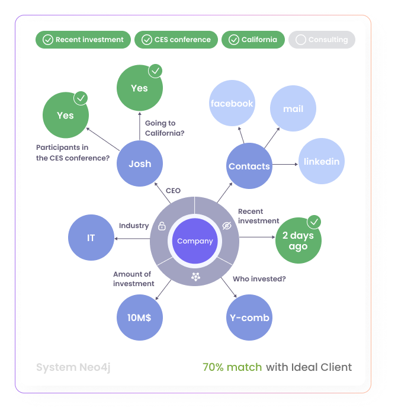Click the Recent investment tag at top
click(83, 40)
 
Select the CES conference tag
click(176, 40)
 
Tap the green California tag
click(253, 40)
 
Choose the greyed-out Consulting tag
click(322, 40)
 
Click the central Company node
click(195, 241)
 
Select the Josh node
click(140, 164)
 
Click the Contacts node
click(249, 166)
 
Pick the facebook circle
click(232, 103)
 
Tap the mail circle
click(293, 109)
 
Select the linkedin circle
click(322, 161)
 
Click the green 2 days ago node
click(298, 241)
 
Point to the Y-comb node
click(249, 318)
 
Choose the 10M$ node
click(139, 318)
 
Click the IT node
click(91, 238)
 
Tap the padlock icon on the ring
click(162, 226)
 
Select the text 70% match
click(232, 367)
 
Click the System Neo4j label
click(73, 367)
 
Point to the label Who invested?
click(259, 278)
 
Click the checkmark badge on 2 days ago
click(314, 222)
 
